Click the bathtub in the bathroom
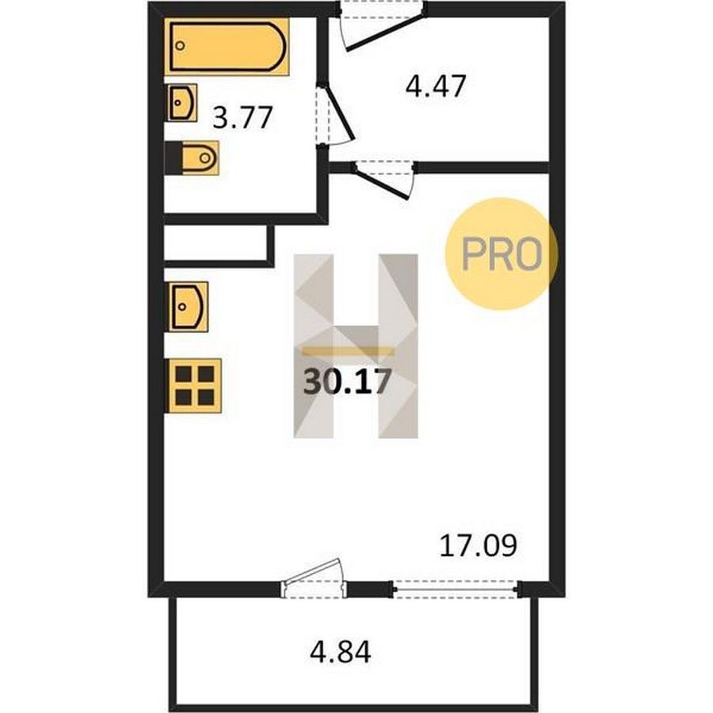coord(227,46)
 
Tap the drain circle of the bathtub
coord(181,45)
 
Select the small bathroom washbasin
coord(182,103)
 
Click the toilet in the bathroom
coord(192,158)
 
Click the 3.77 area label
coord(242,117)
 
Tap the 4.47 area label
coord(436,86)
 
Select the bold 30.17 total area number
coord(347,381)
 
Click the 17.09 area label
coord(479,546)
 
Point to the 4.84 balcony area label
coord(340,652)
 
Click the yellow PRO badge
coord(501,254)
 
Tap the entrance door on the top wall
coord(382,26)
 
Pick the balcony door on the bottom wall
coord(314,578)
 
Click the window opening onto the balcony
coord(456,589)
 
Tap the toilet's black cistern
coord(173,158)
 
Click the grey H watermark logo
coord(356,346)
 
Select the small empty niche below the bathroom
coord(215,243)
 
